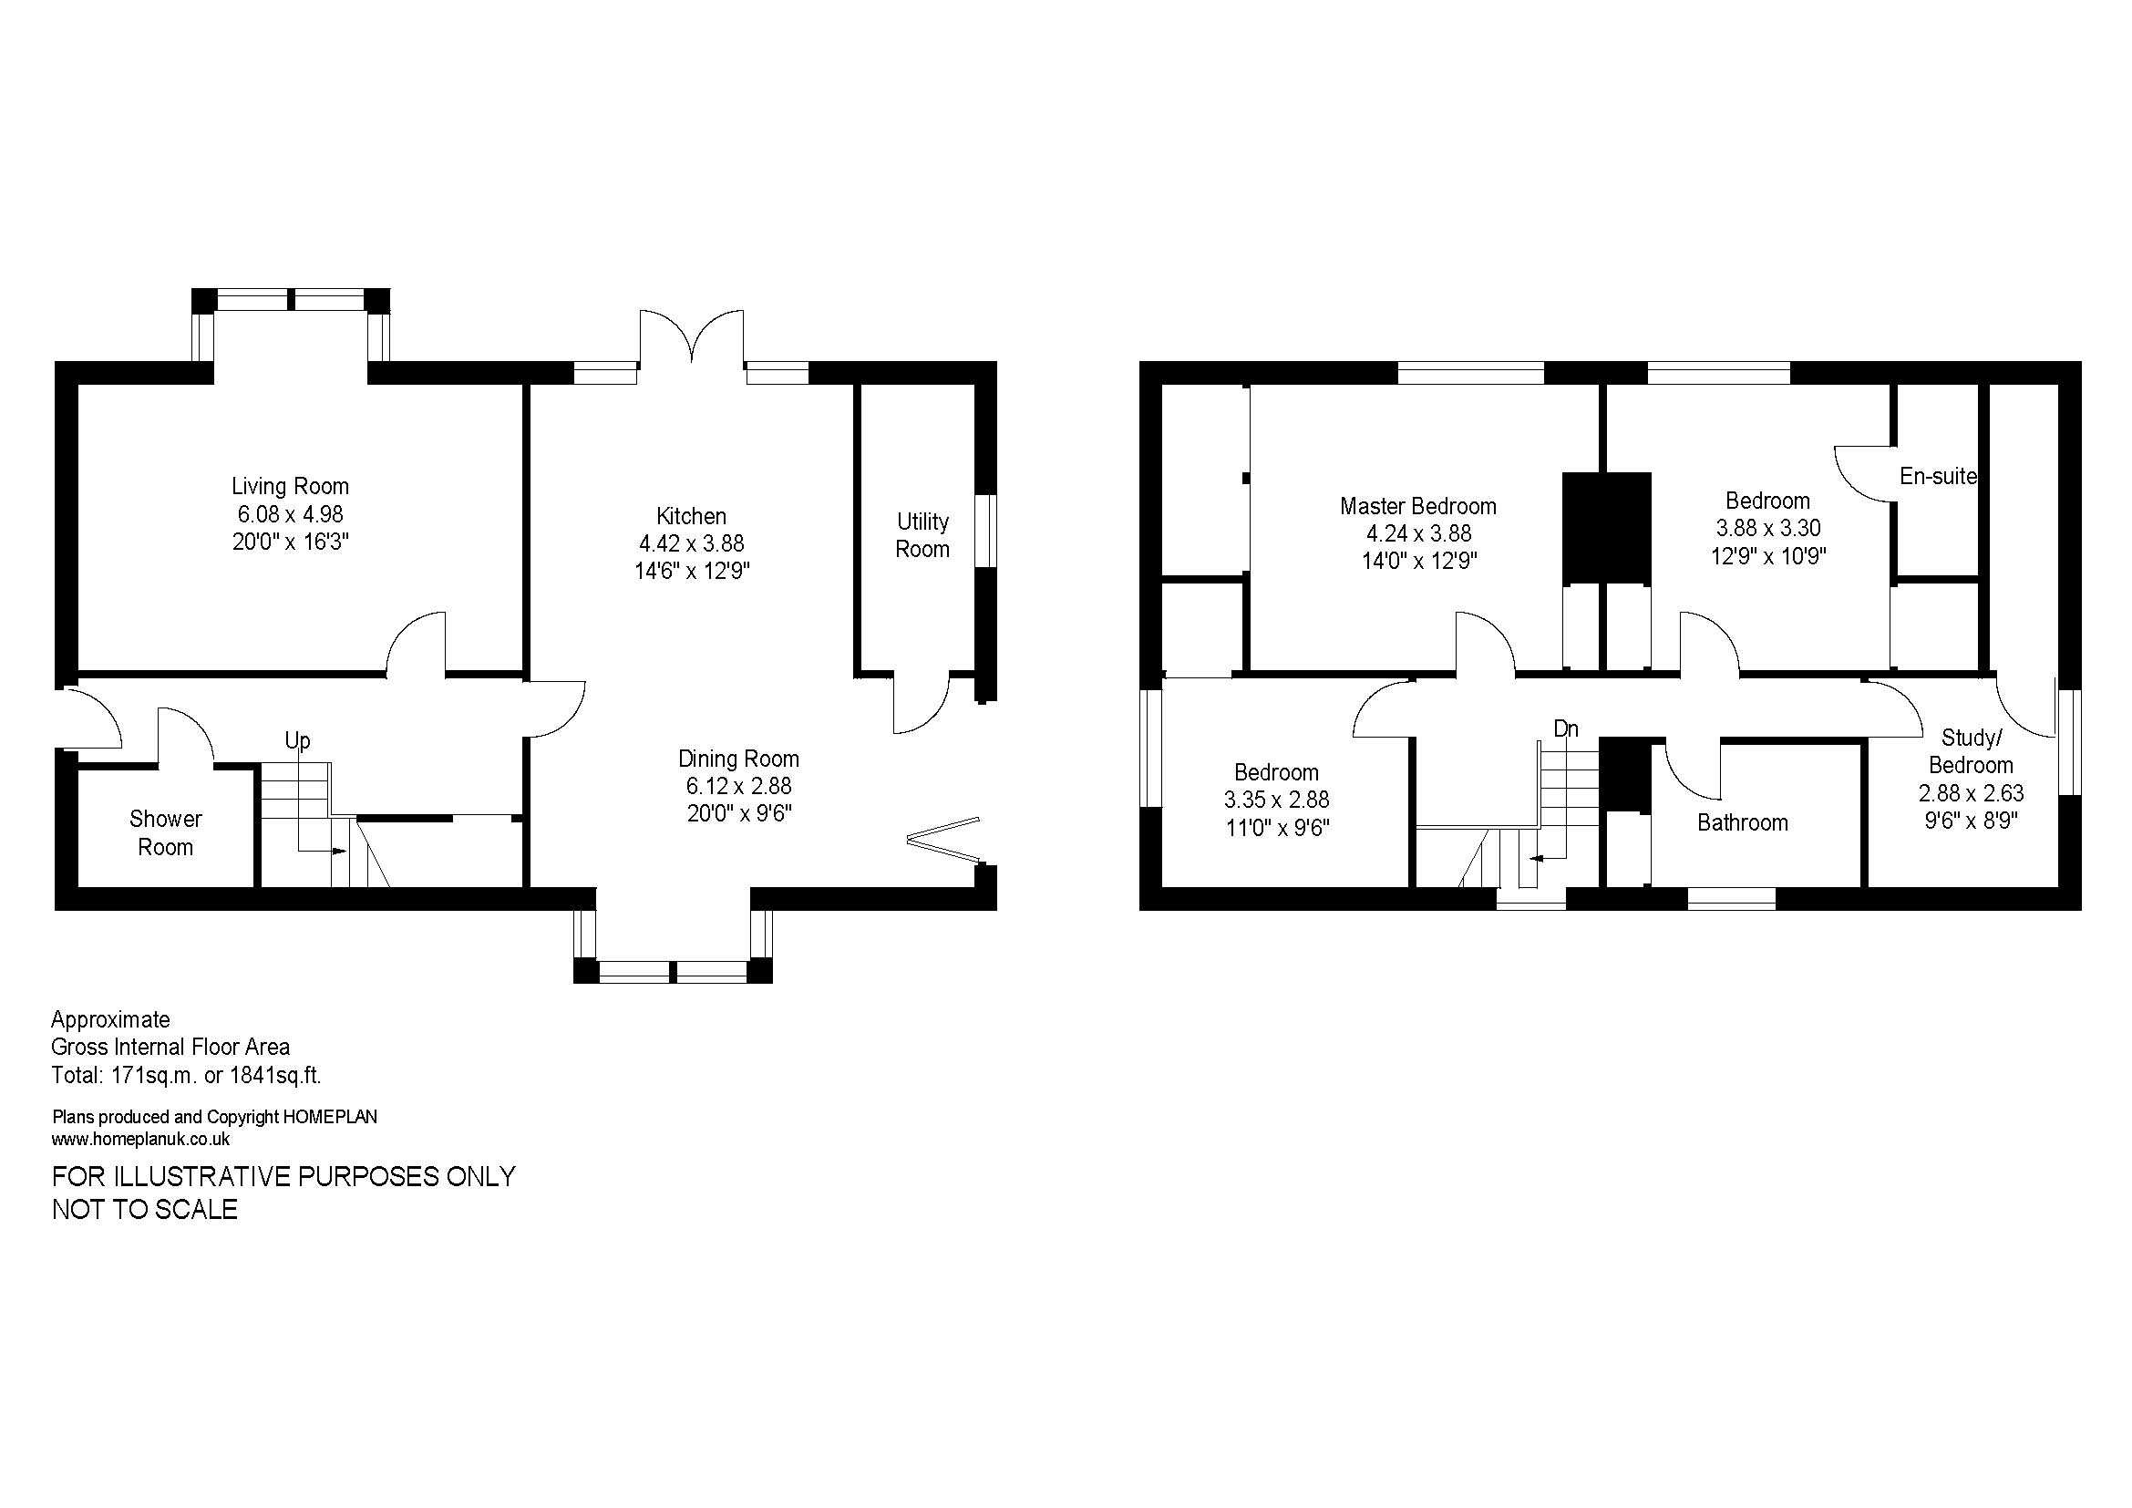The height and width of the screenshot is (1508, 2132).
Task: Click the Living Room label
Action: (x=290, y=486)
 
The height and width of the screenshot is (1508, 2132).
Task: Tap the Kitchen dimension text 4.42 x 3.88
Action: (x=691, y=543)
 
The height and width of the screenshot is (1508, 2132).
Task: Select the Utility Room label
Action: (x=922, y=535)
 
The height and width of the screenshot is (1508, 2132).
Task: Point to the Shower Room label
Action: (x=165, y=833)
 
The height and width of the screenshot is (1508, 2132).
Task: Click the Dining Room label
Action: (x=738, y=759)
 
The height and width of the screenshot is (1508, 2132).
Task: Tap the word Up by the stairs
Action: (x=297, y=740)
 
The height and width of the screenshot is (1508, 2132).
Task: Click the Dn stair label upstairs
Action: (x=1566, y=729)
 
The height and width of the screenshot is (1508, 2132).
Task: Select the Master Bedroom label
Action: (x=1418, y=506)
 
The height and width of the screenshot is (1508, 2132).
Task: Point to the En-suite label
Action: (x=1938, y=476)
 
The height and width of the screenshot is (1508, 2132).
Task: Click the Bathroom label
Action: (x=1742, y=822)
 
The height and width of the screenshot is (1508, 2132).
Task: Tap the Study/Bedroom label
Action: (x=1971, y=751)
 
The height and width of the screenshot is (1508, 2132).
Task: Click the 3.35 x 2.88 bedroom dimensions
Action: (x=1276, y=800)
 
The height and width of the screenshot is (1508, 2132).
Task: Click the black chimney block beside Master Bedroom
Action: (x=1606, y=527)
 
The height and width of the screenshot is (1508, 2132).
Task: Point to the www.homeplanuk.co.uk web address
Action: (x=141, y=1140)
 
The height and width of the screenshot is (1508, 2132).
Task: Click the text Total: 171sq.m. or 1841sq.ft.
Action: (x=187, y=1075)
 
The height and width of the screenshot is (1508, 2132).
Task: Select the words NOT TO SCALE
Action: (x=145, y=1209)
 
